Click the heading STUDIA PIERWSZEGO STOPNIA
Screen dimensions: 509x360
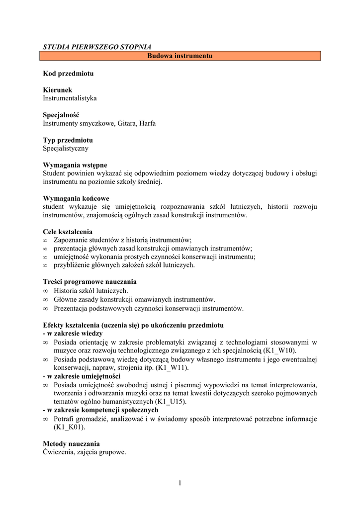(96, 47)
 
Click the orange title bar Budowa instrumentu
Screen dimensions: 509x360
(180, 56)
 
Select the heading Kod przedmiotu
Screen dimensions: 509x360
(68, 74)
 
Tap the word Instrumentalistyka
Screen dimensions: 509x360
(70, 98)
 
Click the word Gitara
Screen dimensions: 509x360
(127, 123)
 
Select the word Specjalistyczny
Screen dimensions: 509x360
(66, 148)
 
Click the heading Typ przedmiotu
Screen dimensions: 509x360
(68, 140)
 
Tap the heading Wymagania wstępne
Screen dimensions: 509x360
(75, 165)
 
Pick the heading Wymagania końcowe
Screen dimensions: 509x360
(76, 198)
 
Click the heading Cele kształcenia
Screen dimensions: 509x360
(68, 232)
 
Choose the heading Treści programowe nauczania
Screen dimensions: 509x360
(90, 282)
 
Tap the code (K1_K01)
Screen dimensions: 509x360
(69, 427)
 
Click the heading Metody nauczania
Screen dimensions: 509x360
(71, 443)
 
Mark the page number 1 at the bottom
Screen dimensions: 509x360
(180, 483)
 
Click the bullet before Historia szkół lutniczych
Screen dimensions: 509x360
(45, 291)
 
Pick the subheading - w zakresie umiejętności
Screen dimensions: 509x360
(82, 376)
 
